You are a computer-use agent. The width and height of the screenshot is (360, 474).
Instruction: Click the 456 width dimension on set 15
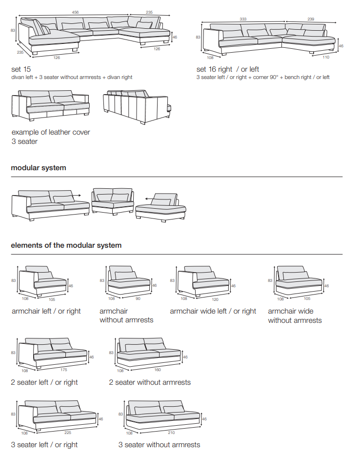point(75,12)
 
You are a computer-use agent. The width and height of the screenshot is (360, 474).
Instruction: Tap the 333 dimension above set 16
point(243,19)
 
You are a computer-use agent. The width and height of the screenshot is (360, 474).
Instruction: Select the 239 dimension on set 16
point(311,19)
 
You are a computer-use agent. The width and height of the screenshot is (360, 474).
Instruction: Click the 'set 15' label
point(21,69)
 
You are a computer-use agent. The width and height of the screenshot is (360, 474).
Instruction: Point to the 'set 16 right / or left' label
point(228,69)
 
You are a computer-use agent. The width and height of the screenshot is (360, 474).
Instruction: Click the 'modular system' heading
point(39,168)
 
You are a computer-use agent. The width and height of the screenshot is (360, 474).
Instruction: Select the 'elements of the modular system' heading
point(66,245)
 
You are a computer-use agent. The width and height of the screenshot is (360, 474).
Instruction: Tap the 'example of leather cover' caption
point(51,132)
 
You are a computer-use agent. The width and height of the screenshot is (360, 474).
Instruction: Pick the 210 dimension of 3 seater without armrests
point(171,432)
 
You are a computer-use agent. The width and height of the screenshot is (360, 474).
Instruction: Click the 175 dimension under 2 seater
point(64,370)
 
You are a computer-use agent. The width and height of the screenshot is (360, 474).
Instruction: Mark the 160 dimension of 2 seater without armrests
point(158,370)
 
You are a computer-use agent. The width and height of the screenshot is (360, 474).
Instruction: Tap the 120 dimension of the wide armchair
point(215,299)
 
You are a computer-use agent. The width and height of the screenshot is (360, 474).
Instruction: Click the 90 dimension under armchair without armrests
point(138,298)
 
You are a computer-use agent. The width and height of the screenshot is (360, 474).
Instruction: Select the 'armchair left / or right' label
point(46,311)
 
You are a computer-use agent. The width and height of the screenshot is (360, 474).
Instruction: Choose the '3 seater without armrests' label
point(159,445)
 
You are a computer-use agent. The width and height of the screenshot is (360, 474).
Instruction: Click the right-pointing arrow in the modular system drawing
point(78,194)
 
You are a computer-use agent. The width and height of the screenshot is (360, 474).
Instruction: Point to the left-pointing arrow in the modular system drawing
point(141,198)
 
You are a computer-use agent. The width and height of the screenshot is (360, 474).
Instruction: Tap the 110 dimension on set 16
point(326,57)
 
